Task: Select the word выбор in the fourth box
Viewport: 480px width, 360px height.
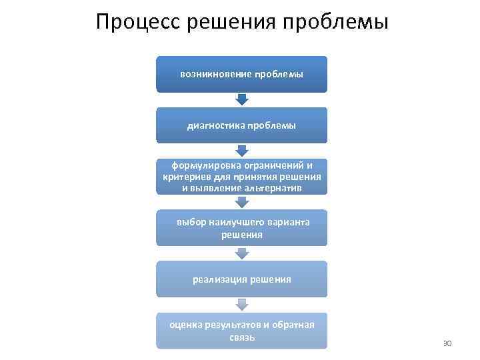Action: click(189, 223)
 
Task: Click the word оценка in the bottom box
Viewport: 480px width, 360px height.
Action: click(185, 325)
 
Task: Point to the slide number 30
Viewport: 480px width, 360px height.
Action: click(447, 343)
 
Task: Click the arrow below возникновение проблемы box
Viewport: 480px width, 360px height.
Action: click(242, 99)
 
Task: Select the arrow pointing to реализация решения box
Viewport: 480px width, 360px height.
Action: click(242, 253)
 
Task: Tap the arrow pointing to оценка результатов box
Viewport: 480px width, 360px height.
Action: click(242, 305)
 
